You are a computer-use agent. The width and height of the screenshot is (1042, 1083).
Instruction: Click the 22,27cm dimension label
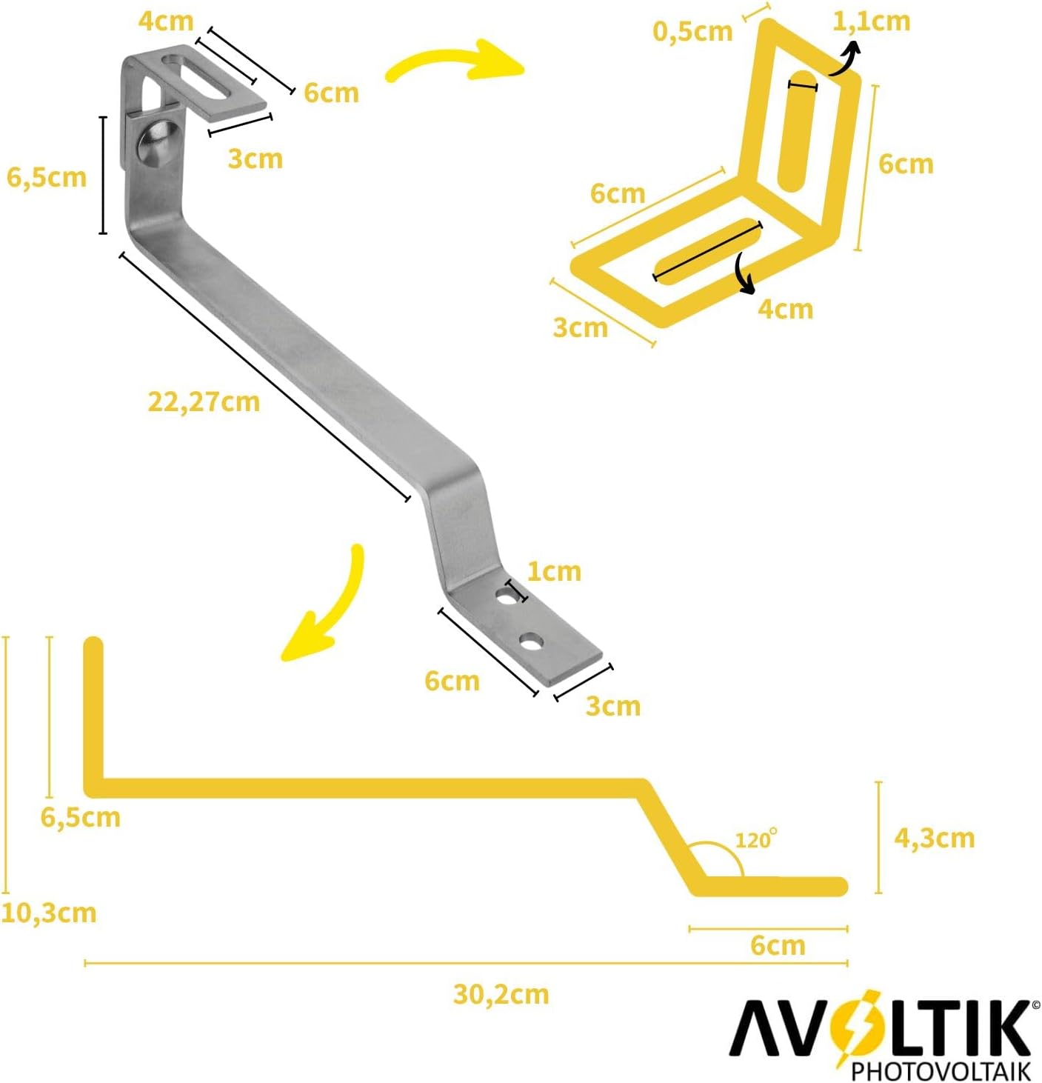[x=204, y=401]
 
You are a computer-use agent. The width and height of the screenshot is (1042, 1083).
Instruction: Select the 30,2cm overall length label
[x=501, y=994]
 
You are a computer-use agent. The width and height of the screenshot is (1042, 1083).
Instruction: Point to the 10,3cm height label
[x=49, y=913]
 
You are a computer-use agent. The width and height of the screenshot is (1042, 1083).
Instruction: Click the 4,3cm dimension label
[x=934, y=838]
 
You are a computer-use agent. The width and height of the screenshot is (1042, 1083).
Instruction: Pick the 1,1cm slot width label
[x=871, y=21]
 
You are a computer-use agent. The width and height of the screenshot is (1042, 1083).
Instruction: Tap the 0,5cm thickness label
[x=692, y=31]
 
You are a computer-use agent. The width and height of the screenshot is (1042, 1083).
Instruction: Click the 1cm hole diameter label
[x=554, y=571]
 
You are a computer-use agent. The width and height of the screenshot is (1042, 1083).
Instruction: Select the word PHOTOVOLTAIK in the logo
[x=941, y=1070]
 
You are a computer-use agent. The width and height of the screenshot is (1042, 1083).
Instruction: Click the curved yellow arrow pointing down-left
[x=327, y=607]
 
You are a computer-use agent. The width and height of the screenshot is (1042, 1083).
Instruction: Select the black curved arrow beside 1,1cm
[x=846, y=59]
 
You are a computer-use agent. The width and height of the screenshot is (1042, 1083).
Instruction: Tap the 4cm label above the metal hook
[x=166, y=21]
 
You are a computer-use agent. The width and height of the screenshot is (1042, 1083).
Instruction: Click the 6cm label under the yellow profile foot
[x=778, y=945]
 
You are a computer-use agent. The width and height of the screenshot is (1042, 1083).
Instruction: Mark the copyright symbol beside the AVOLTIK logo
[x=1035, y=1005]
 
